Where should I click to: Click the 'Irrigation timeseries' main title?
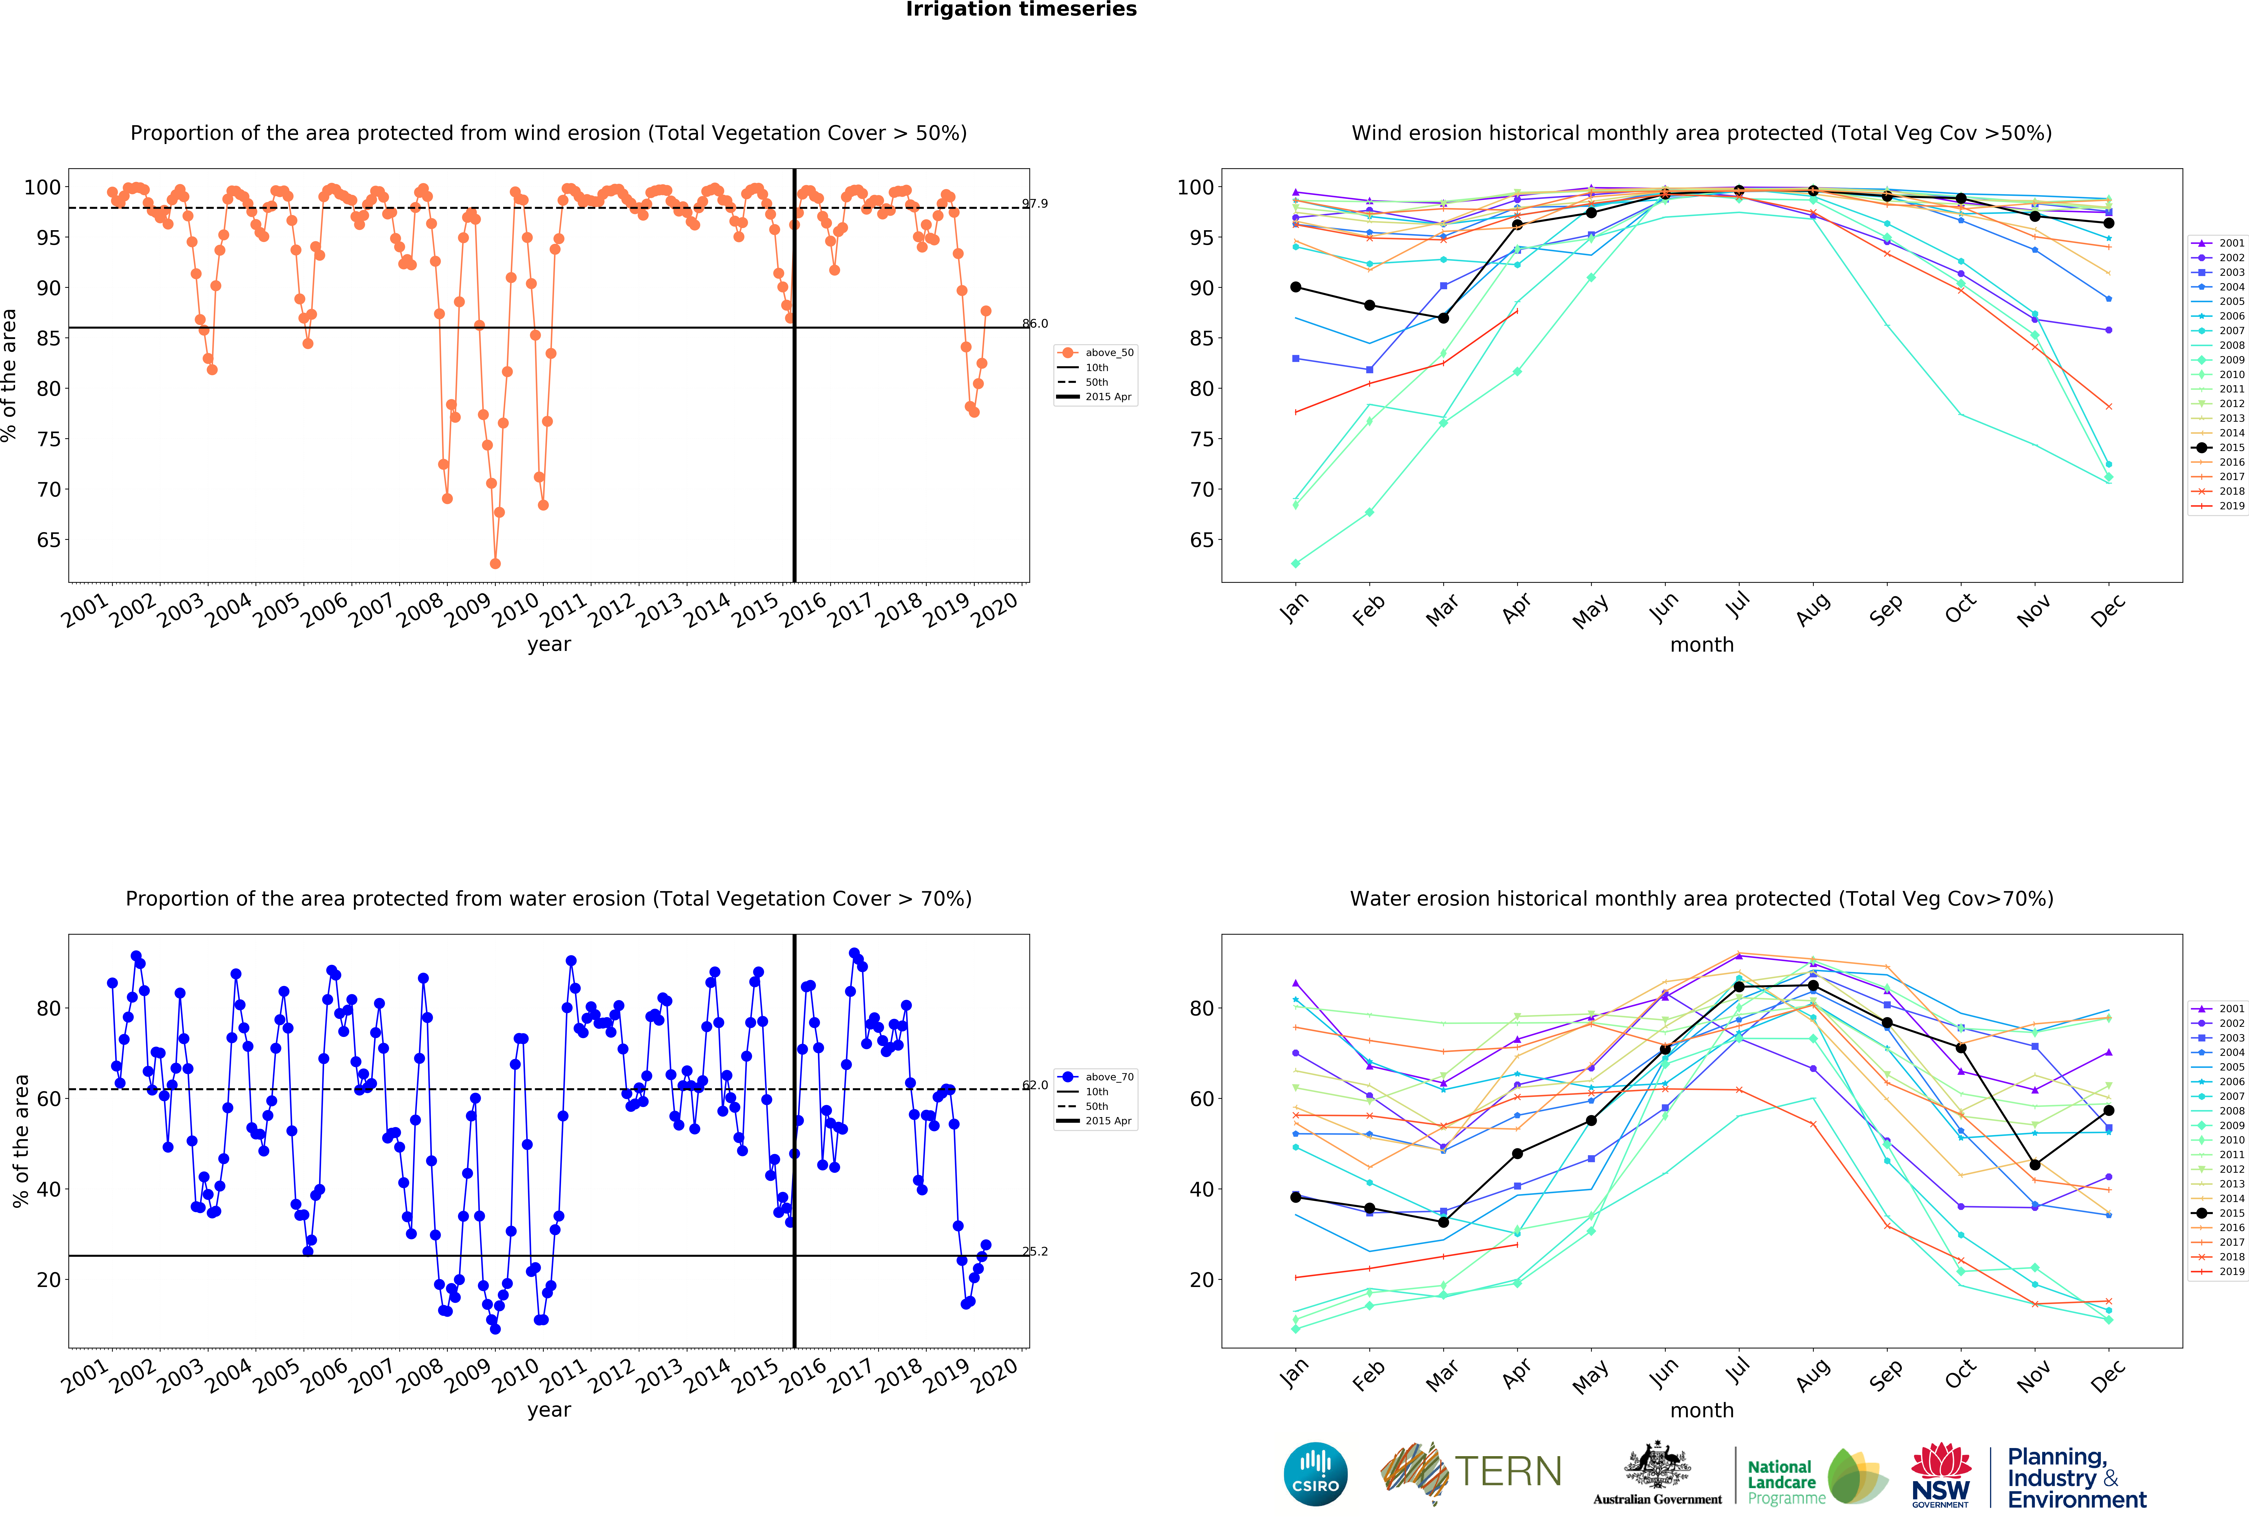pos(1021,10)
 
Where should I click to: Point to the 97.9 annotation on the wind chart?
pos(1034,203)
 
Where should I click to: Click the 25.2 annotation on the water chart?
pos(1034,1251)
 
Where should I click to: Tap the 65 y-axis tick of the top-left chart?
pos(48,540)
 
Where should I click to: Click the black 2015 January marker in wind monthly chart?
pos(1296,288)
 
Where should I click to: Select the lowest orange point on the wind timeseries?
pos(495,563)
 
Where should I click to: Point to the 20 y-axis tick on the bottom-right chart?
pos(1201,1280)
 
